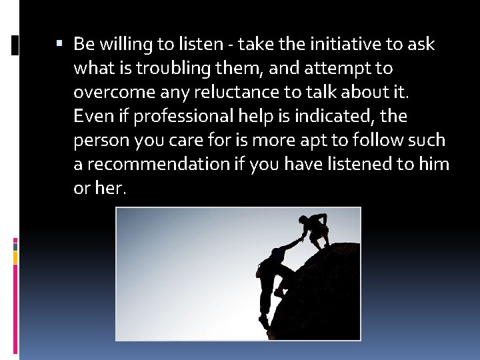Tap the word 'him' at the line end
tap(435, 165)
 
